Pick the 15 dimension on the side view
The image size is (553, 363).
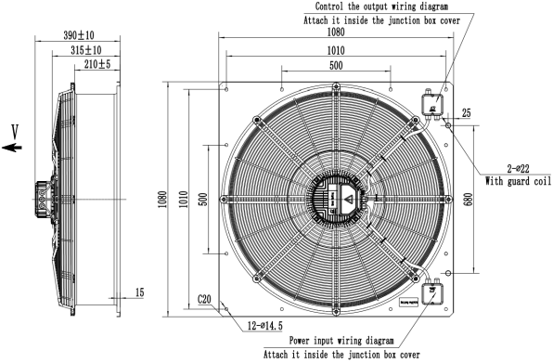138,292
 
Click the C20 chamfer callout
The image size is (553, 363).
207,300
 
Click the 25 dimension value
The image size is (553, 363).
466,112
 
